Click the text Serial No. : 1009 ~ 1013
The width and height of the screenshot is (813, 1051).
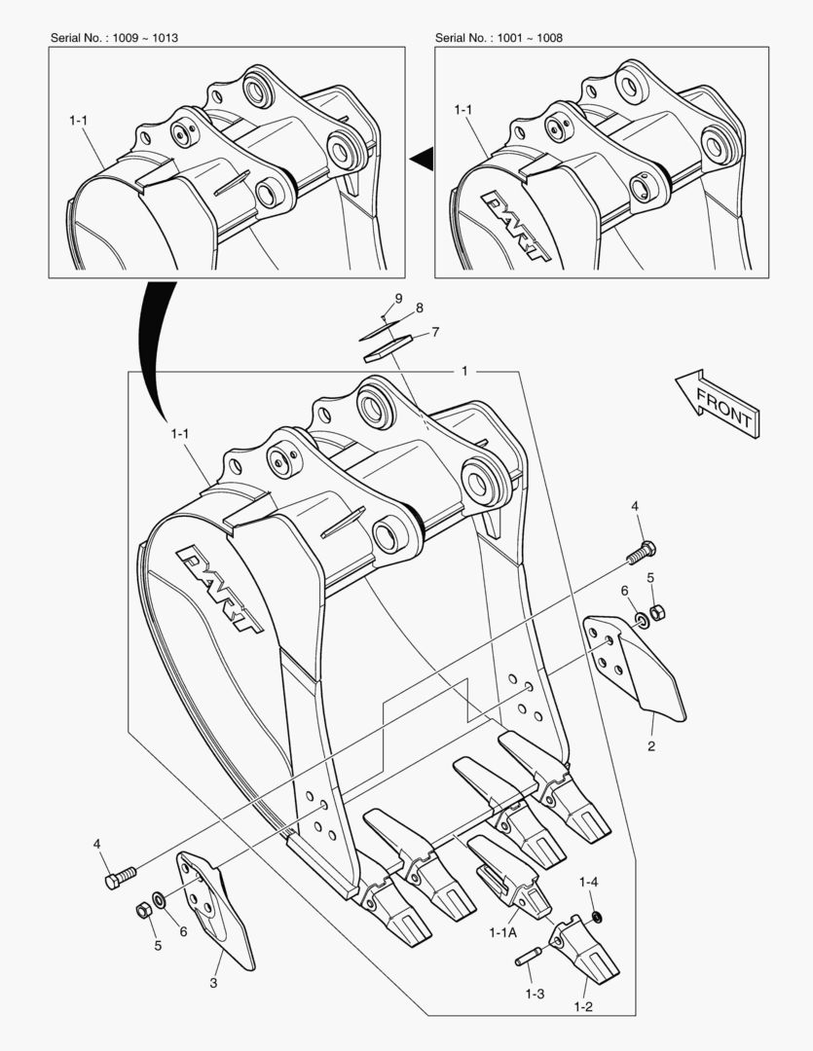[x=114, y=38]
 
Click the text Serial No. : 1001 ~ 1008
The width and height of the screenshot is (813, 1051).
[x=499, y=38]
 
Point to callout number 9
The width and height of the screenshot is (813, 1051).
[x=398, y=297]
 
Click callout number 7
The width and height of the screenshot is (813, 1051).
[x=434, y=332]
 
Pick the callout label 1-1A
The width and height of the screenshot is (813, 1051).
[x=502, y=931]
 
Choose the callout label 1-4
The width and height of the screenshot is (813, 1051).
[x=588, y=883]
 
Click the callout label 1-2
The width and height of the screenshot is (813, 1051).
[x=582, y=1006]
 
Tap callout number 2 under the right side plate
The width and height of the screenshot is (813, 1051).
[x=651, y=746]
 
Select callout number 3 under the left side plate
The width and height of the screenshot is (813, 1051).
[x=213, y=983]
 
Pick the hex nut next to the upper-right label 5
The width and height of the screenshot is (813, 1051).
[x=657, y=614]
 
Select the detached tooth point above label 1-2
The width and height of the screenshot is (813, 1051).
[x=583, y=953]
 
